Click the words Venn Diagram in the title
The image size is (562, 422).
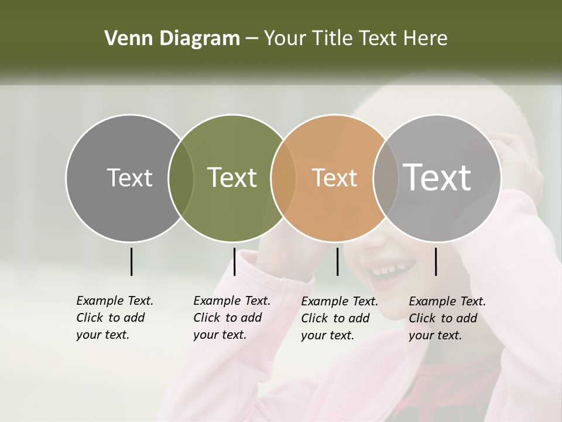(172, 39)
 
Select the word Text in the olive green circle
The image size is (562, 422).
(232, 178)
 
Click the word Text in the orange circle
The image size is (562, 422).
(334, 178)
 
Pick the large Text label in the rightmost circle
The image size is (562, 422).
(437, 177)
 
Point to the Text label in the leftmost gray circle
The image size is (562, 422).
(129, 178)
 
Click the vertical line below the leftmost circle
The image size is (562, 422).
(131, 261)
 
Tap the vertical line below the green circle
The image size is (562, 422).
(234, 261)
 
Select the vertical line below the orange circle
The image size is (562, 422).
(337, 261)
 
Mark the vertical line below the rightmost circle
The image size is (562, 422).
(436, 261)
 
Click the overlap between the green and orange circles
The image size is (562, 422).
(283, 178)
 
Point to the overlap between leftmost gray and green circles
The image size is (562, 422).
(181, 178)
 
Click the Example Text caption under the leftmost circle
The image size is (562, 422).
(114, 318)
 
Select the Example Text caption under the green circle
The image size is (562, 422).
(231, 318)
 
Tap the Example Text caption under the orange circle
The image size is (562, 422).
(339, 318)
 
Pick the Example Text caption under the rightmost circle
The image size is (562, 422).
(447, 318)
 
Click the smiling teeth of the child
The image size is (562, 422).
(388, 271)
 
